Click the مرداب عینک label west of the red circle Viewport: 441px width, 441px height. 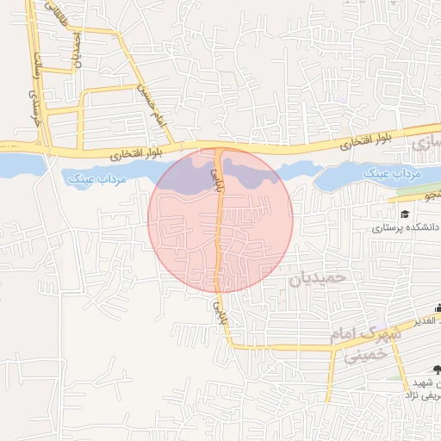click(94, 178)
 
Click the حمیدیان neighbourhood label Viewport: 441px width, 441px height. click(316, 278)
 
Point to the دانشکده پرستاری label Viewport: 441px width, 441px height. click(407, 227)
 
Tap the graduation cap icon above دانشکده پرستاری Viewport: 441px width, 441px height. click(404, 213)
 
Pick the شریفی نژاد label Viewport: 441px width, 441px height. click(423, 393)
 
